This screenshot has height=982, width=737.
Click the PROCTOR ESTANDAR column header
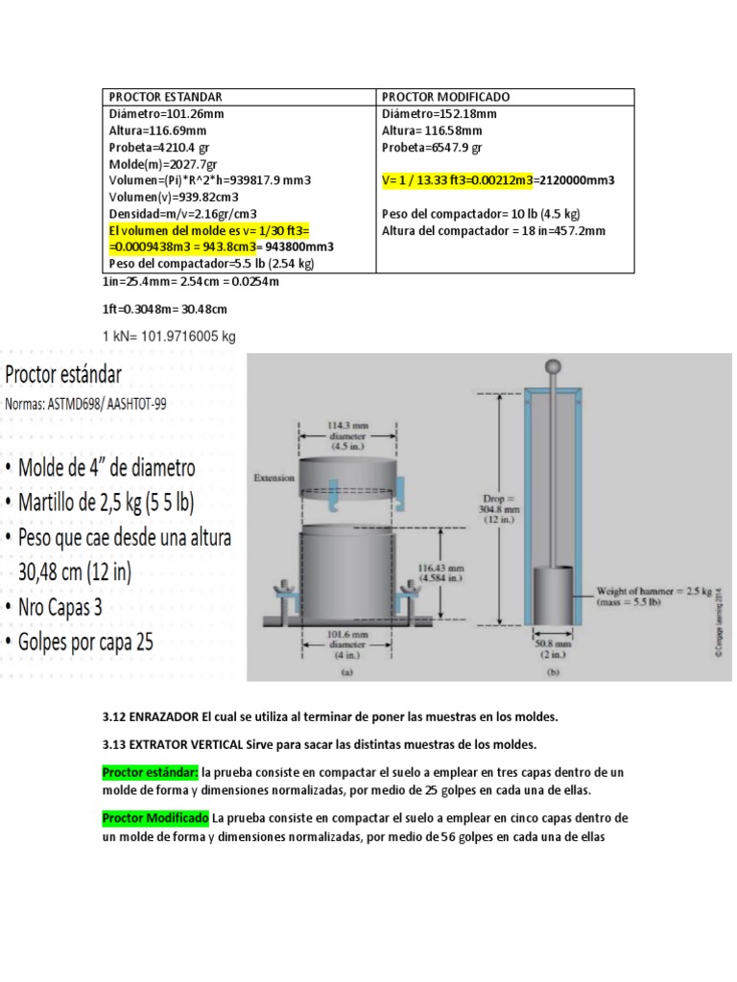(x=166, y=98)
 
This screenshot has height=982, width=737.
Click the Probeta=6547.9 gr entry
(x=432, y=148)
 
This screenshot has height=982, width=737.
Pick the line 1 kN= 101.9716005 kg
(x=168, y=337)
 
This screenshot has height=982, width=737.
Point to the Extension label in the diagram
(x=273, y=477)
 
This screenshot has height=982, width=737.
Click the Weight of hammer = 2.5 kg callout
(x=657, y=595)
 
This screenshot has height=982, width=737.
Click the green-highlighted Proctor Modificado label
(x=155, y=818)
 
